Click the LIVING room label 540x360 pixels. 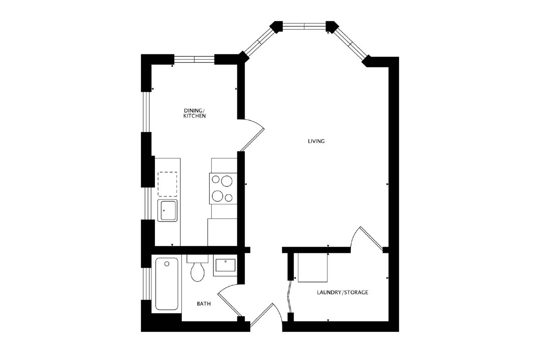coord(316,141)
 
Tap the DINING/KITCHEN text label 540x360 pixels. coord(194,113)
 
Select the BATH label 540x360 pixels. coord(204,304)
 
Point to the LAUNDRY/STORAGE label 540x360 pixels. coord(342,292)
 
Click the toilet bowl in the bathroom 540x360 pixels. coord(197,272)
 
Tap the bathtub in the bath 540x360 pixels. coord(167,284)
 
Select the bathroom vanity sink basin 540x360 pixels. coord(225,265)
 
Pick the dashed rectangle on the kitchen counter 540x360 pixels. coord(167,184)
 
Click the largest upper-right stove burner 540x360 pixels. coord(226,181)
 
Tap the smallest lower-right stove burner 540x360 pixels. coord(228,198)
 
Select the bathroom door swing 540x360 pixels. coord(230,300)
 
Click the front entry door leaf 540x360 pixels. coord(262,315)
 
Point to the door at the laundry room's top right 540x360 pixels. coord(372,239)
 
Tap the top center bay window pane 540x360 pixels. coord(304,26)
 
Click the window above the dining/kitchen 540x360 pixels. coord(194,59)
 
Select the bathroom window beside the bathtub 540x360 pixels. coord(146,284)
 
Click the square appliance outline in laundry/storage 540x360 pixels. coord(313,267)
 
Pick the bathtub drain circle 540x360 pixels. coord(167,264)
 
